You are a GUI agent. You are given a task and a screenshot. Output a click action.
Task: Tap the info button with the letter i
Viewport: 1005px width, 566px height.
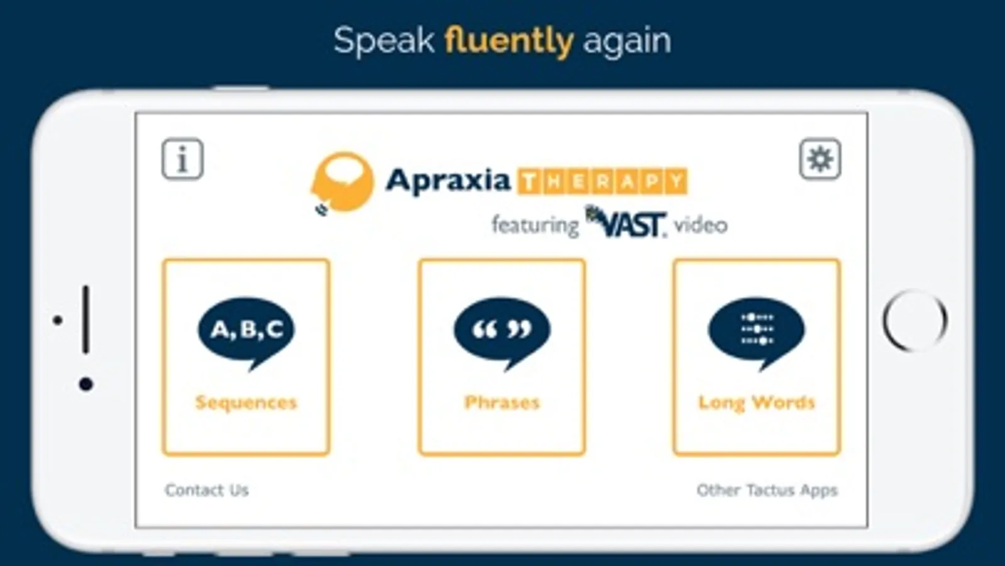click(183, 159)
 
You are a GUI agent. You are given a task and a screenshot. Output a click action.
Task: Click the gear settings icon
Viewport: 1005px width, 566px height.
click(820, 159)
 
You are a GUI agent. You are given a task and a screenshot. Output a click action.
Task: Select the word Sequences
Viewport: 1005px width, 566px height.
click(246, 402)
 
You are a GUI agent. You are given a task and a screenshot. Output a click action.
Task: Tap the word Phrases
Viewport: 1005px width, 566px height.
click(502, 402)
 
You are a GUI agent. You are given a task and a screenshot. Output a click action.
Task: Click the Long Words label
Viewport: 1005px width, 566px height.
click(757, 402)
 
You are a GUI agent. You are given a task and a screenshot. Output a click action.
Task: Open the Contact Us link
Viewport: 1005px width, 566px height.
click(207, 490)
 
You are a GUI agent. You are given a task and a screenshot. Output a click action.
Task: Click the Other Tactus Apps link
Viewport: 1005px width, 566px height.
click(767, 490)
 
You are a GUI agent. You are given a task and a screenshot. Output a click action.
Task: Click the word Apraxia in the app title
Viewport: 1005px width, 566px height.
click(448, 181)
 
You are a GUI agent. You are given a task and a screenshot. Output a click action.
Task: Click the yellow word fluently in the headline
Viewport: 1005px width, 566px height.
click(508, 42)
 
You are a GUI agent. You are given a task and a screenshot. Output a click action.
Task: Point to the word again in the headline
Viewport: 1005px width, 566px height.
click(627, 43)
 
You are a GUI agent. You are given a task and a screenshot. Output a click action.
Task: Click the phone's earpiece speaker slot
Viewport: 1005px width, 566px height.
click(85, 319)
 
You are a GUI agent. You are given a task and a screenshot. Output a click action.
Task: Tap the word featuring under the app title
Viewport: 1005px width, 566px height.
click(535, 225)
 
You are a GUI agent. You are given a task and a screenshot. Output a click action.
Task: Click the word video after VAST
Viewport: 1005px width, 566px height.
click(701, 225)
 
